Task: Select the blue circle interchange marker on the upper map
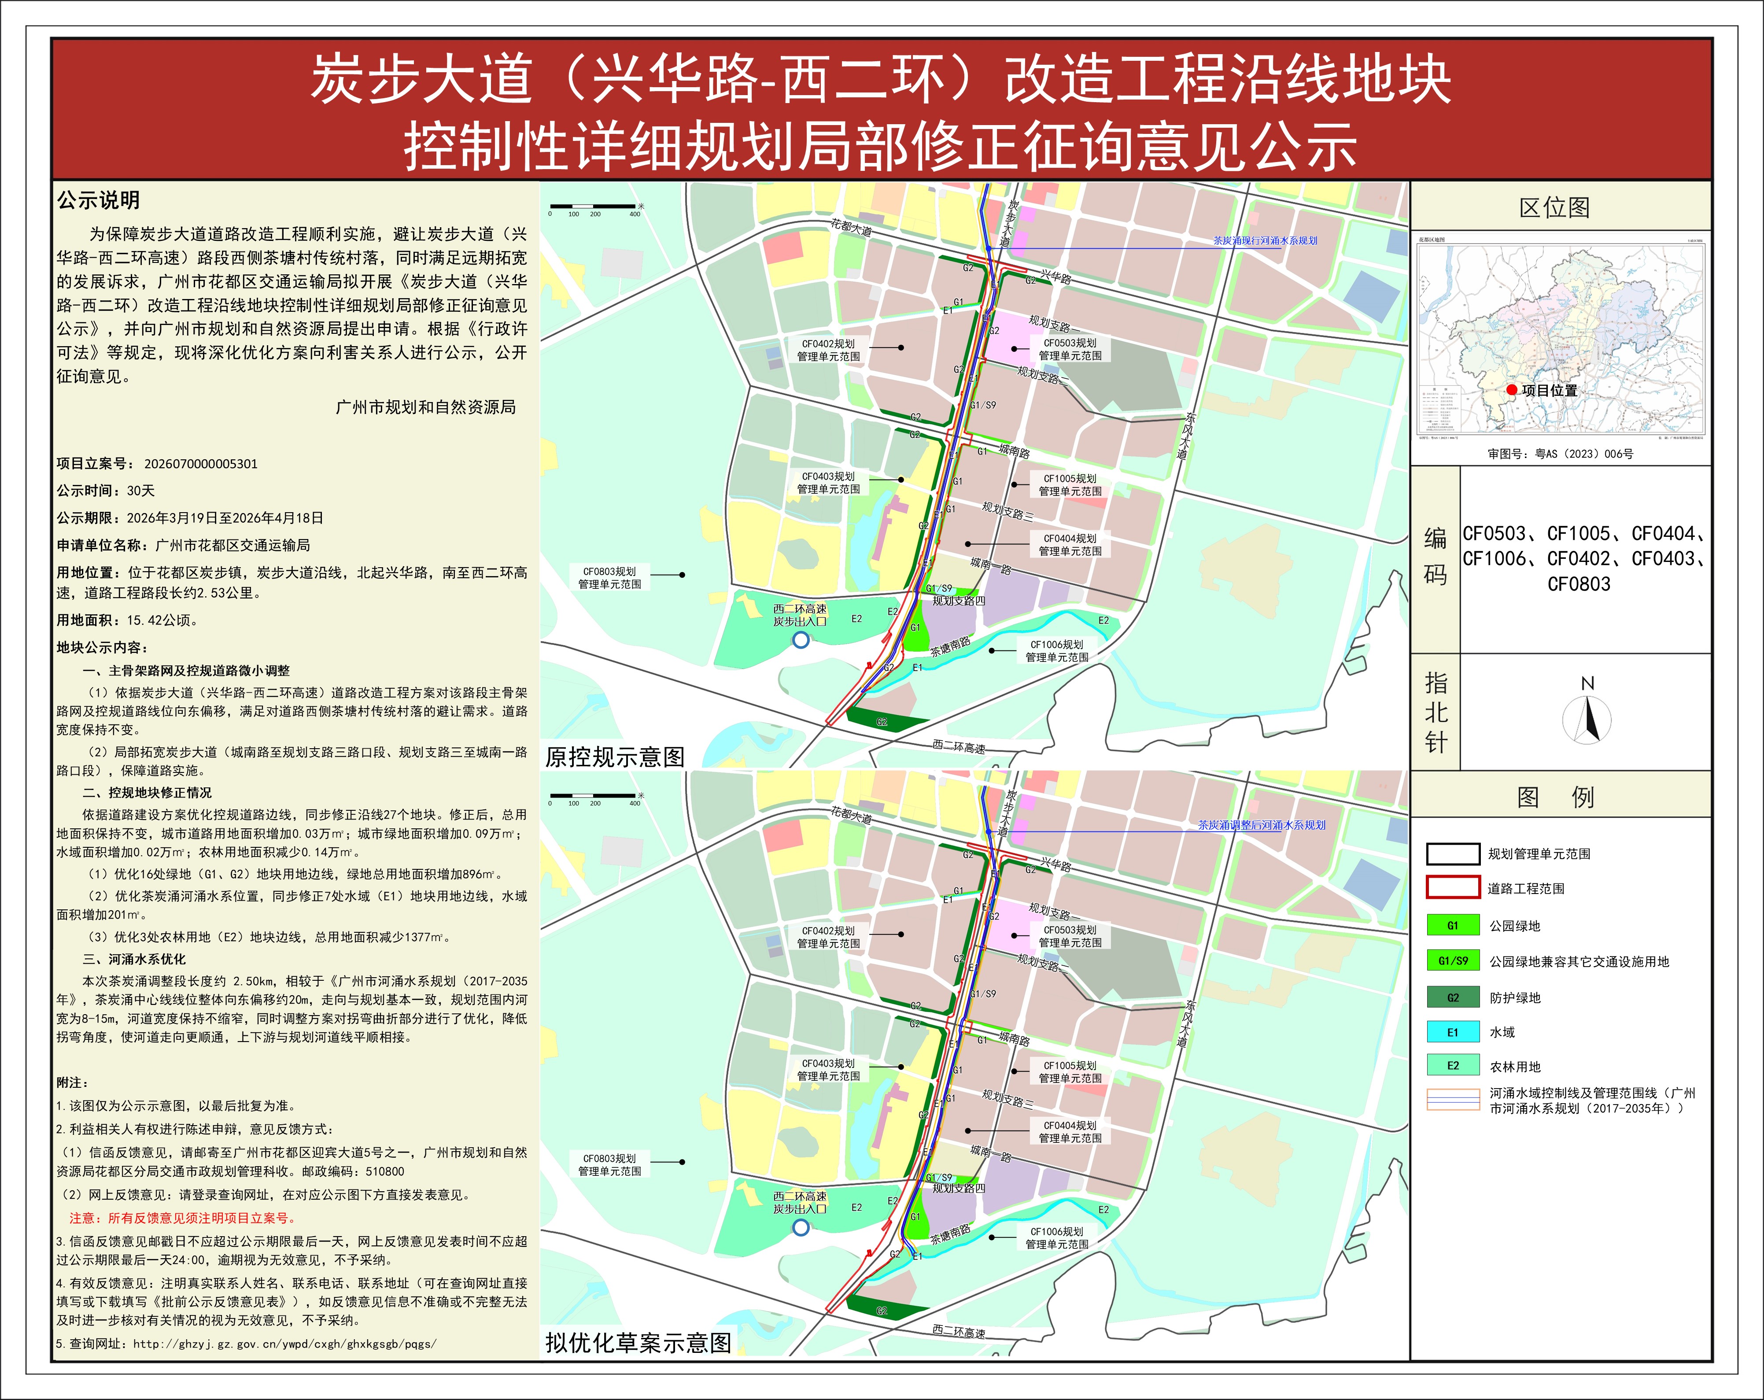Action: click(801, 640)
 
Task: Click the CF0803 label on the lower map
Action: click(609, 1164)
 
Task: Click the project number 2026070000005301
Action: click(200, 464)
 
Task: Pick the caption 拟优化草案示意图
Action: click(638, 1343)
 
